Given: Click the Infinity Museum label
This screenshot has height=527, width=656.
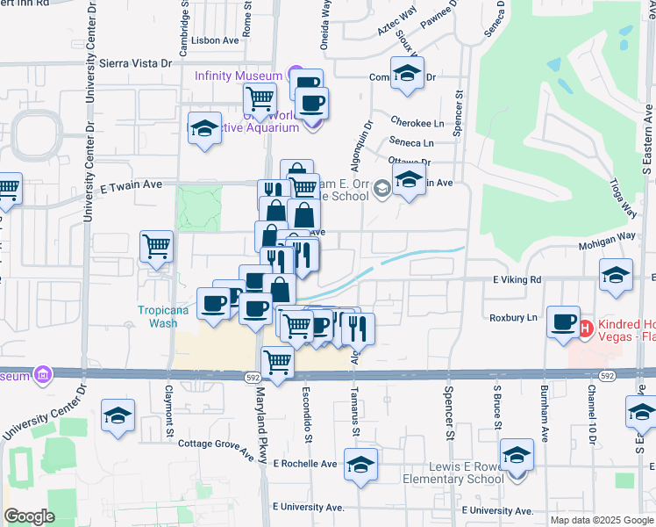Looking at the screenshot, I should [x=239, y=76].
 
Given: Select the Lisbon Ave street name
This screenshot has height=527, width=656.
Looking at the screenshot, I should [x=218, y=40].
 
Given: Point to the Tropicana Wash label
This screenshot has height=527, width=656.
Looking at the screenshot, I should [x=158, y=315].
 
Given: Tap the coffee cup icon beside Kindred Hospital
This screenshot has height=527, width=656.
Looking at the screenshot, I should [x=562, y=322].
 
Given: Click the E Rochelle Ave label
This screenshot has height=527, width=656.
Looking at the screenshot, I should [x=305, y=463].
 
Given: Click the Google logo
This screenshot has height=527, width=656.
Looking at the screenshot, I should [x=30, y=516].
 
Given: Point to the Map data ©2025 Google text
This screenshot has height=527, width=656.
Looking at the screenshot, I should [x=601, y=520].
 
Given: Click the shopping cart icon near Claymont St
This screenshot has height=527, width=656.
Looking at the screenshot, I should [x=157, y=248].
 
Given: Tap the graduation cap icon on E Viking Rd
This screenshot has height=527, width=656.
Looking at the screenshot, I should [x=616, y=275].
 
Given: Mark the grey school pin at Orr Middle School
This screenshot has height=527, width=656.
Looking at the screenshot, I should [x=381, y=187].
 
